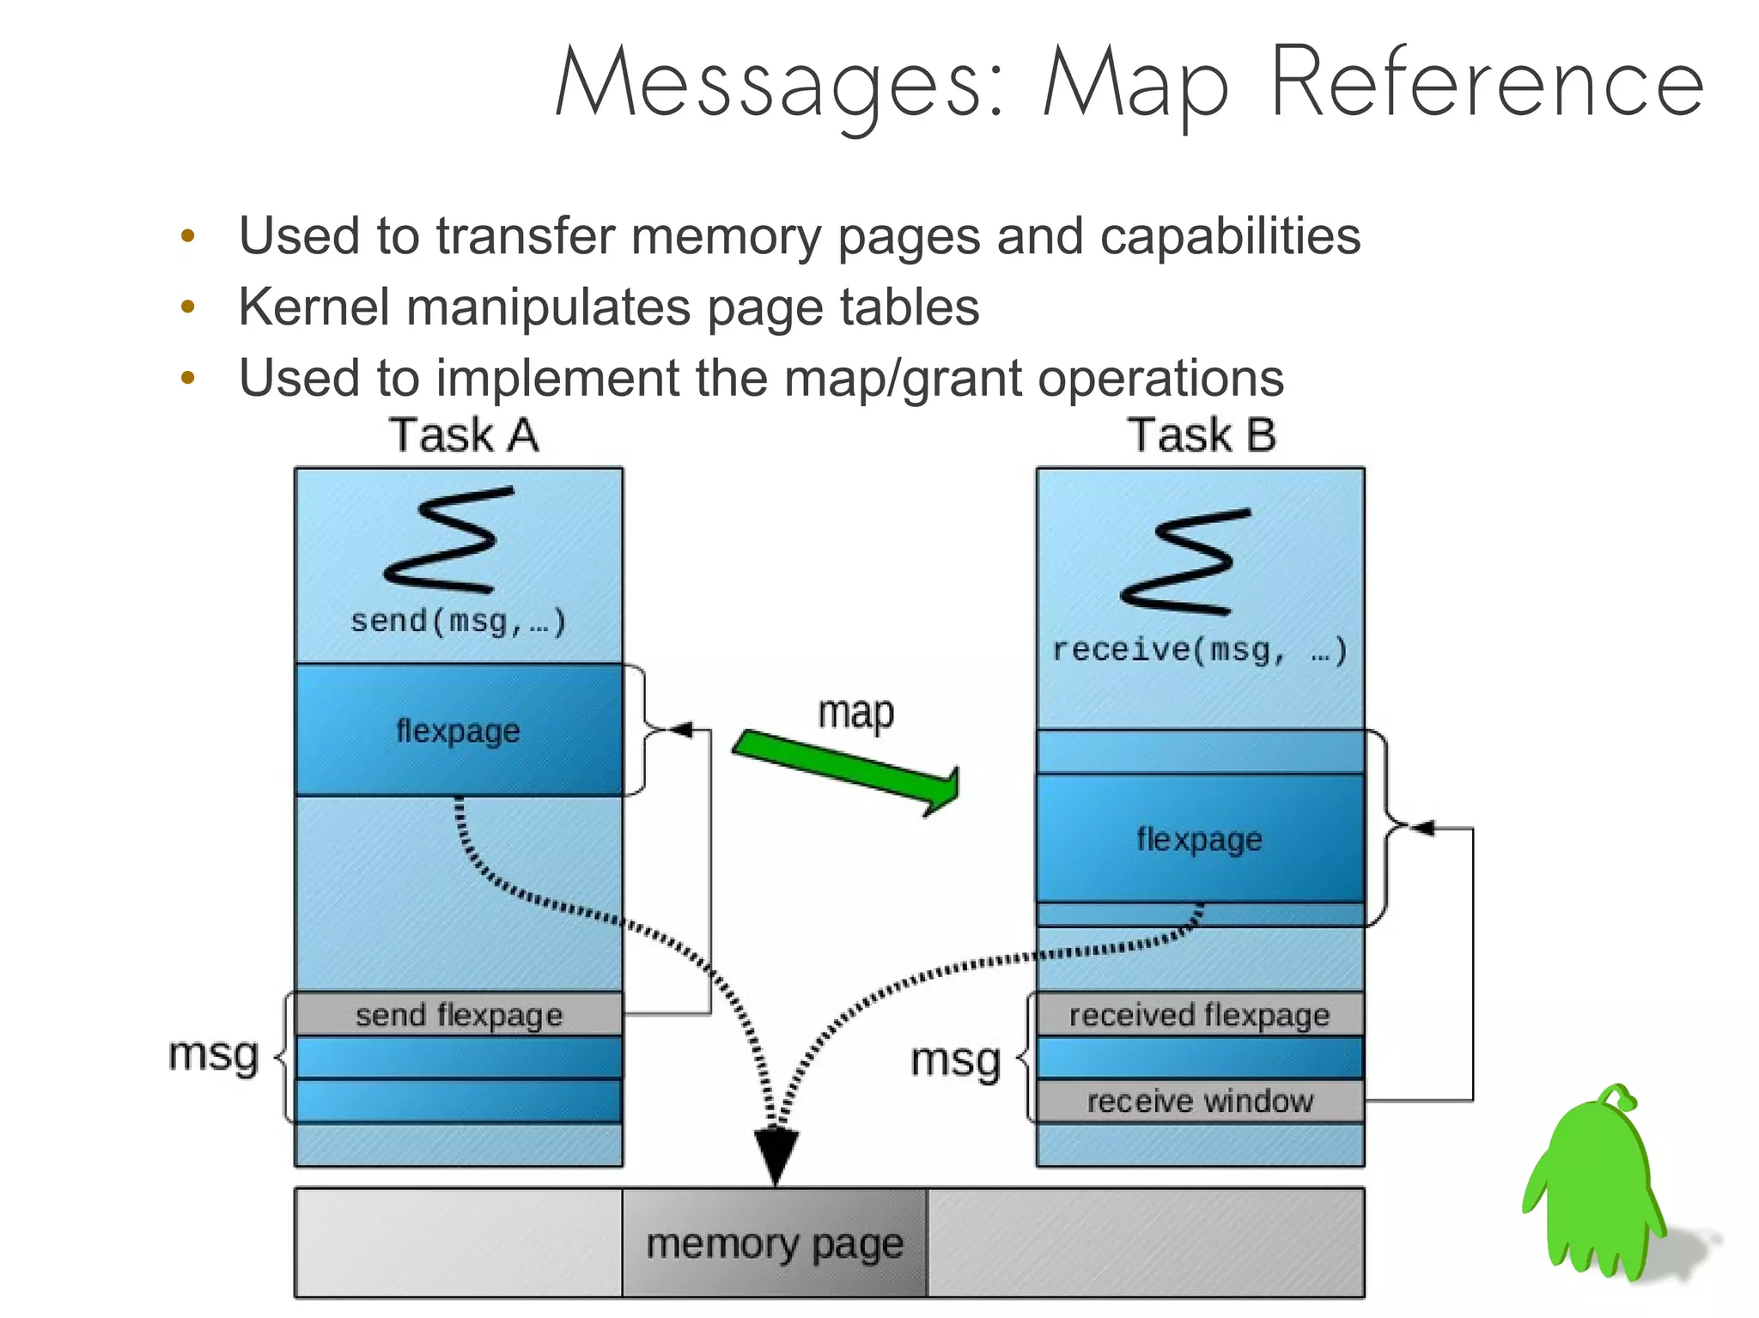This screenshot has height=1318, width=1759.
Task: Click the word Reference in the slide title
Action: [x=1486, y=83]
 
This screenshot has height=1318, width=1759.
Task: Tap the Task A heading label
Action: [x=464, y=434]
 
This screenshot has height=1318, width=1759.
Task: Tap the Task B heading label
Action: [x=1202, y=434]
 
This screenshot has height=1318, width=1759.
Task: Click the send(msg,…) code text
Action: [x=459, y=621]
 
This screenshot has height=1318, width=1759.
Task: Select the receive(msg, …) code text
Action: [x=1200, y=650]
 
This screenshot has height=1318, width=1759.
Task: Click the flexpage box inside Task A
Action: [x=459, y=731]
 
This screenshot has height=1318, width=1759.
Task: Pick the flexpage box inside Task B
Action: [x=1200, y=839]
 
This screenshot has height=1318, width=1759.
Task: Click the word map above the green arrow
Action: [x=855, y=713]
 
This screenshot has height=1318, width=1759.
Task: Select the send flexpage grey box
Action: [x=459, y=1015]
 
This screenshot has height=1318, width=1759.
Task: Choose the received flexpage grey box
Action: [x=1200, y=1015]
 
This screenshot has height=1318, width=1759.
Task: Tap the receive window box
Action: [x=1200, y=1101]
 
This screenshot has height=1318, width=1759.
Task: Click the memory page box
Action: [x=775, y=1243]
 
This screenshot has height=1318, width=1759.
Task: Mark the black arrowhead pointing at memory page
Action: [x=776, y=1156]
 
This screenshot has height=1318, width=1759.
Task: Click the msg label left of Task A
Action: [x=213, y=1054]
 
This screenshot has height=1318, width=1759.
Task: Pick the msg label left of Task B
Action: [x=955, y=1060]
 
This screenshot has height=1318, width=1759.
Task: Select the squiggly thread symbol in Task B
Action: [x=1185, y=562]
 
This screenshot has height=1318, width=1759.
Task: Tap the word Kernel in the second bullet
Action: [x=313, y=307]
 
